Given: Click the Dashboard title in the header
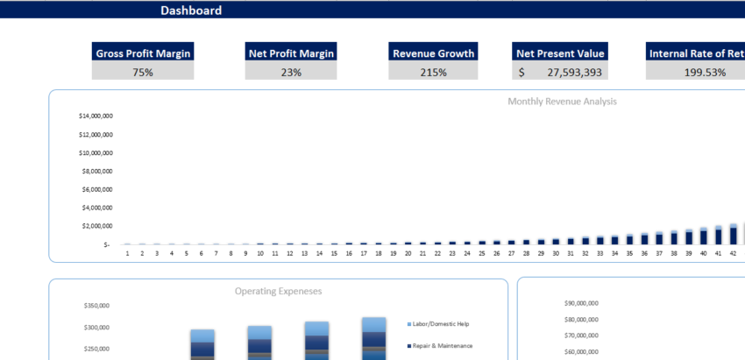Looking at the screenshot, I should [191, 11].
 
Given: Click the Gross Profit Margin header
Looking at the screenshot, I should [142, 53].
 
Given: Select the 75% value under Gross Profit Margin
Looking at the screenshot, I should [142, 72].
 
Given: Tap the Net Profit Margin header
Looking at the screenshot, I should [291, 53].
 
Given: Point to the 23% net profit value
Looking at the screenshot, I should [291, 72].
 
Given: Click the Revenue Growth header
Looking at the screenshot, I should [433, 53].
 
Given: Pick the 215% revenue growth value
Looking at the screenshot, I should [433, 72].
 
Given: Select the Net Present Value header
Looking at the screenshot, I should [560, 53].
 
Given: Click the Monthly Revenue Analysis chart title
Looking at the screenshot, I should [562, 102].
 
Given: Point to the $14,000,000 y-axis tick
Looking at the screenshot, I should [96, 116].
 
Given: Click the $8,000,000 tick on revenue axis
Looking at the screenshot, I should [96, 171].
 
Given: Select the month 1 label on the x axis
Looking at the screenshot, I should [127, 253].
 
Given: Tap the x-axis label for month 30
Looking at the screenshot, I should [556, 253].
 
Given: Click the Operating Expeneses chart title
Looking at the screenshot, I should [278, 291].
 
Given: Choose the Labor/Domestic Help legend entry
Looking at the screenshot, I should [443, 324].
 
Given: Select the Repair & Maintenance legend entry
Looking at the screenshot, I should [443, 346].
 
